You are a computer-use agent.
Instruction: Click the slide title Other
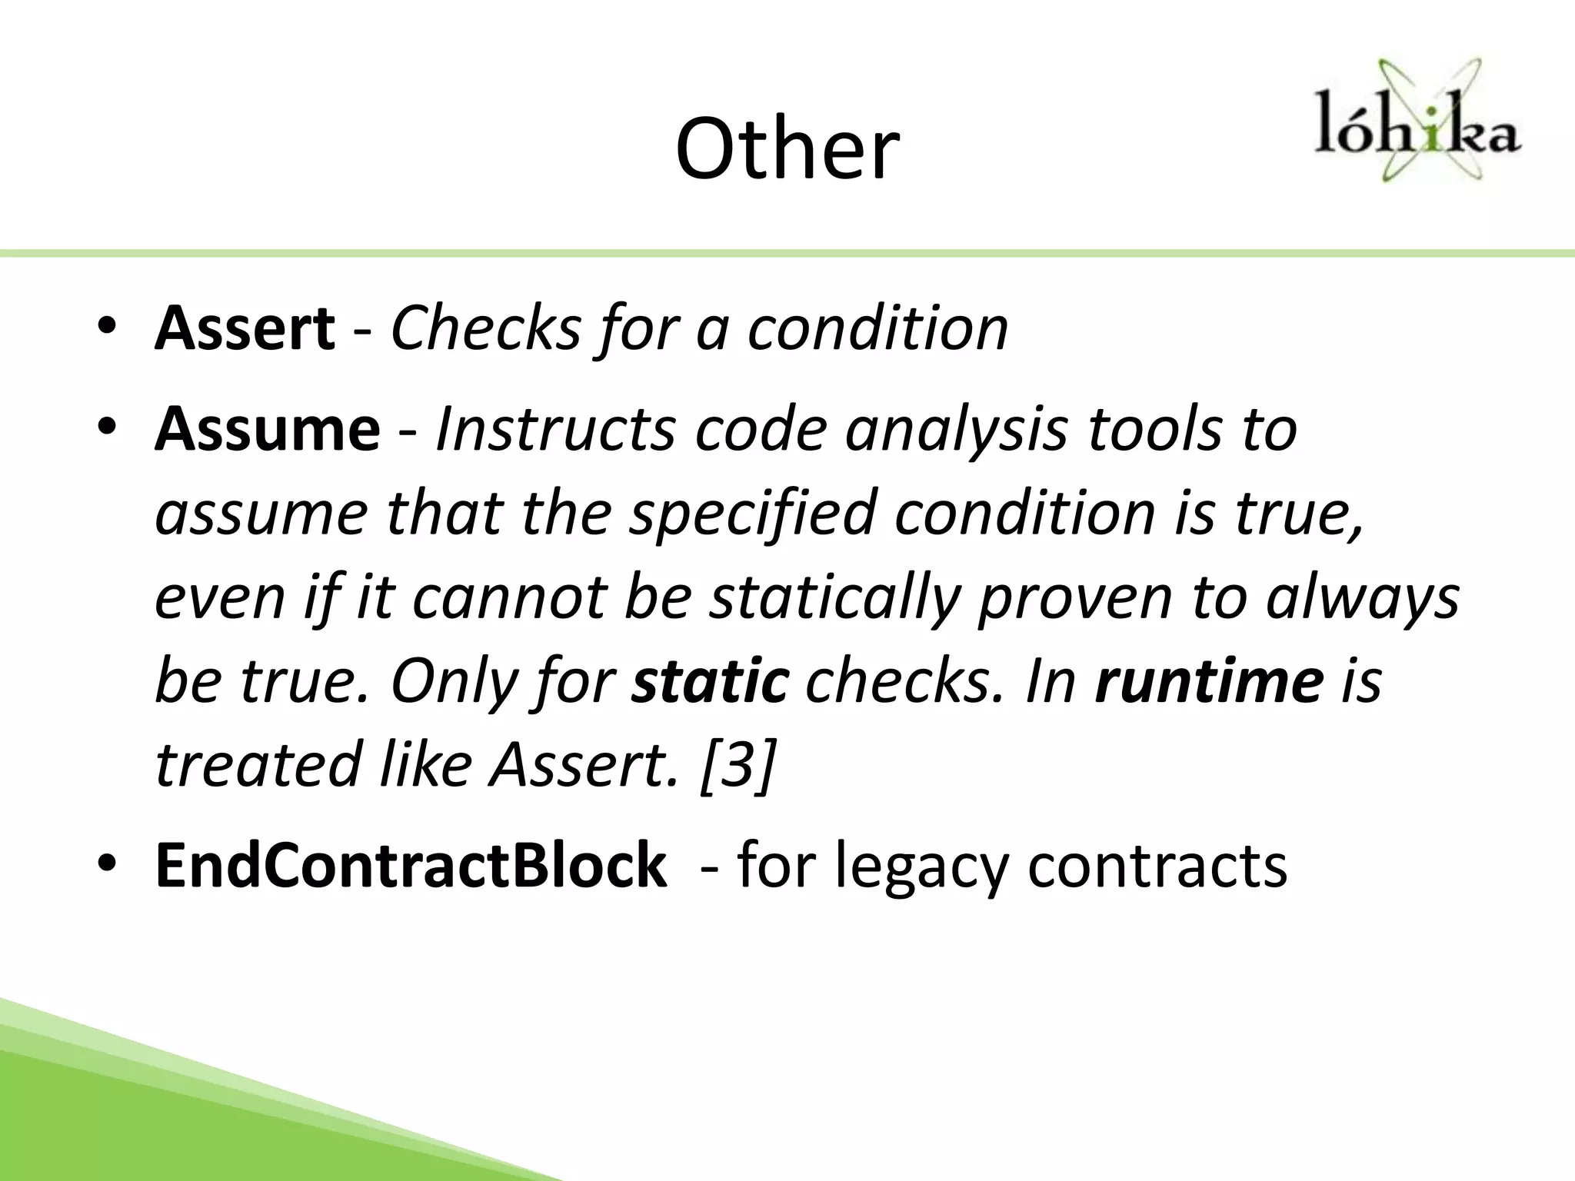(787, 149)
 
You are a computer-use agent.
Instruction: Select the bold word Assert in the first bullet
(245, 329)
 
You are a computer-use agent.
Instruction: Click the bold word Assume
(267, 429)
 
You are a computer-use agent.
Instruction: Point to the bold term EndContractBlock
(411, 866)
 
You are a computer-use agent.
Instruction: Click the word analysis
(957, 431)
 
